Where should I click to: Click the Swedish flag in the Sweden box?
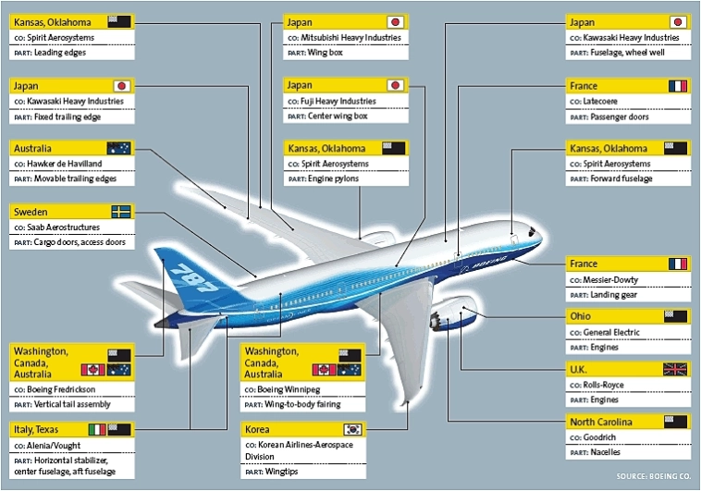coord(120,211)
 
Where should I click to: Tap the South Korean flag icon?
coord(351,429)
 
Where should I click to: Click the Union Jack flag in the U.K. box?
coord(675,369)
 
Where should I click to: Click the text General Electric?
coord(613,332)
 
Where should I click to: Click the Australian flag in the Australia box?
coord(120,148)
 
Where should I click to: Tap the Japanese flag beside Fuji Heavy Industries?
coord(395,85)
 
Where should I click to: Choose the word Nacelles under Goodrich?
coord(610,453)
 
